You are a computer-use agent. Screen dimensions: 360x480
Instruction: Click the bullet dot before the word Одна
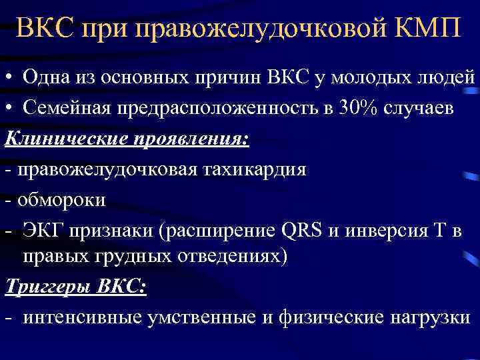[x=10, y=79]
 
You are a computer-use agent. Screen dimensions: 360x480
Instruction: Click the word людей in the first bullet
[x=445, y=79]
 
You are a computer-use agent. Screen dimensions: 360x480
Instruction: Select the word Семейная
[x=68, y=109]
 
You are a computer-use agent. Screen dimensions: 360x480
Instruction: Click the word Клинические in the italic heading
[x=60, y=139]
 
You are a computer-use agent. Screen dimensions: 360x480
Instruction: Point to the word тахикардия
[x=254, y=169]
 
